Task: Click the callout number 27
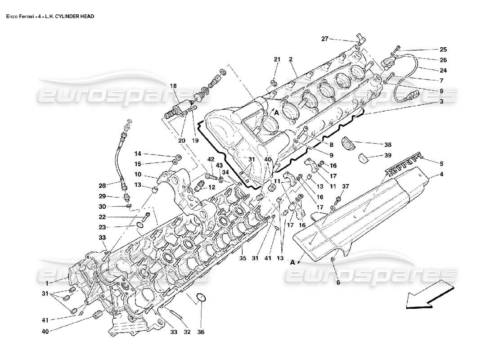pyautogui.click(x=324, y=39)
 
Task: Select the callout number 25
pyautogui.click(x=443, y=49)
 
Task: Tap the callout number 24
pyautogui.click(x=443, y=70)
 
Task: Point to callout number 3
pyautogui.click(x=441, y=102)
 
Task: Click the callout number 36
pyautogui.click(x=201, y=332)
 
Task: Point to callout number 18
pyautogui.click(x=173, y=85)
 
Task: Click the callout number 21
pyautogui.click(x=277, y=59)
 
